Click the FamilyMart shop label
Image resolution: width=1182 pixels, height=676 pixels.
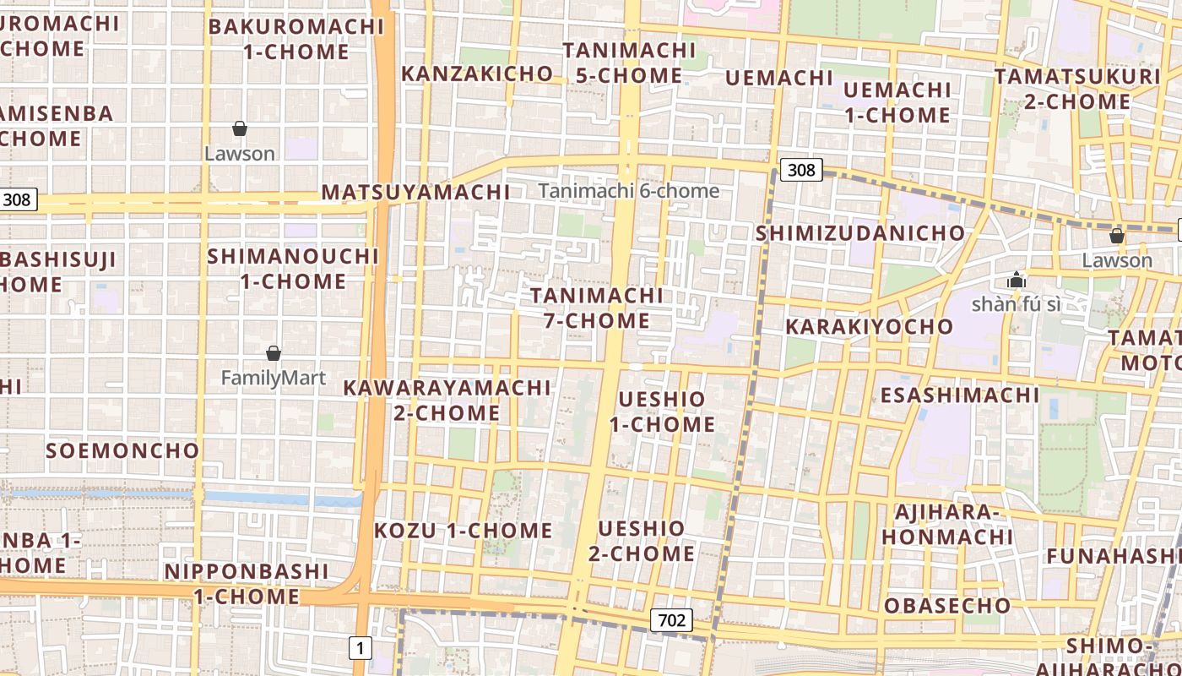pyautogui.click(x=273, y=378)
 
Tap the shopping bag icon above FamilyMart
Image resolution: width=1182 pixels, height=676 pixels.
pyautogui.click(x=273, y=353)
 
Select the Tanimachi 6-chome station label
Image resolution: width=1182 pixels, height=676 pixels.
pyautogui.click(x=629, y=191)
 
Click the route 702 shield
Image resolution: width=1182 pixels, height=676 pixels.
pyautogui.click(x=672, y=621)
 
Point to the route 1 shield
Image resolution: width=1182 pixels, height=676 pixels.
pyautogui.click(x=361, y=649)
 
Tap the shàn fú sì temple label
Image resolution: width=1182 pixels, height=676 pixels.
pyautogui.click(x=1016, y=304)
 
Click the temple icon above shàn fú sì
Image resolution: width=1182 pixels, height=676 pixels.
pyautogui.click(x=1016, y=280)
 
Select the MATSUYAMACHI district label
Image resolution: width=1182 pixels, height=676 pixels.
pyautogui.click(x=415, y=193)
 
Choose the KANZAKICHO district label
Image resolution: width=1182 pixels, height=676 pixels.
pyautogui.click(x=477, y=74)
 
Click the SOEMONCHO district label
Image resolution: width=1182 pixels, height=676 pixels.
pyautogui.click(x=122, y=450)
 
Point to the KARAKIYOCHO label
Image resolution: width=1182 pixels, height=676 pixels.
pyautogui.click(x=869, y=327)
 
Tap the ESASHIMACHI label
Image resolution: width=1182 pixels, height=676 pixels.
pyautogui.click(x=960, y=395)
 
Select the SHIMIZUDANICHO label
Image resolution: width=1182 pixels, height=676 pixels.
pyautogui.click(x=860, y=233)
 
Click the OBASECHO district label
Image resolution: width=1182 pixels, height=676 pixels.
pyautogui.click(x=946, y=606)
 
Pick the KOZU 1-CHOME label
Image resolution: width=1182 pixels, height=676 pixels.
pyautogui.click(x=463, y=532)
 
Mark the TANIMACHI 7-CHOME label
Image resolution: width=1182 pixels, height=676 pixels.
pyautogui.click(x=597, y=308)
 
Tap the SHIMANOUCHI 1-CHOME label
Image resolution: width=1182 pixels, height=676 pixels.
pyautogui.click(x=293, y=269)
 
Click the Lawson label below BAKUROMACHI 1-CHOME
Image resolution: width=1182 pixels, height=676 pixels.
pyautogui.click(x=240, y=154)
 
